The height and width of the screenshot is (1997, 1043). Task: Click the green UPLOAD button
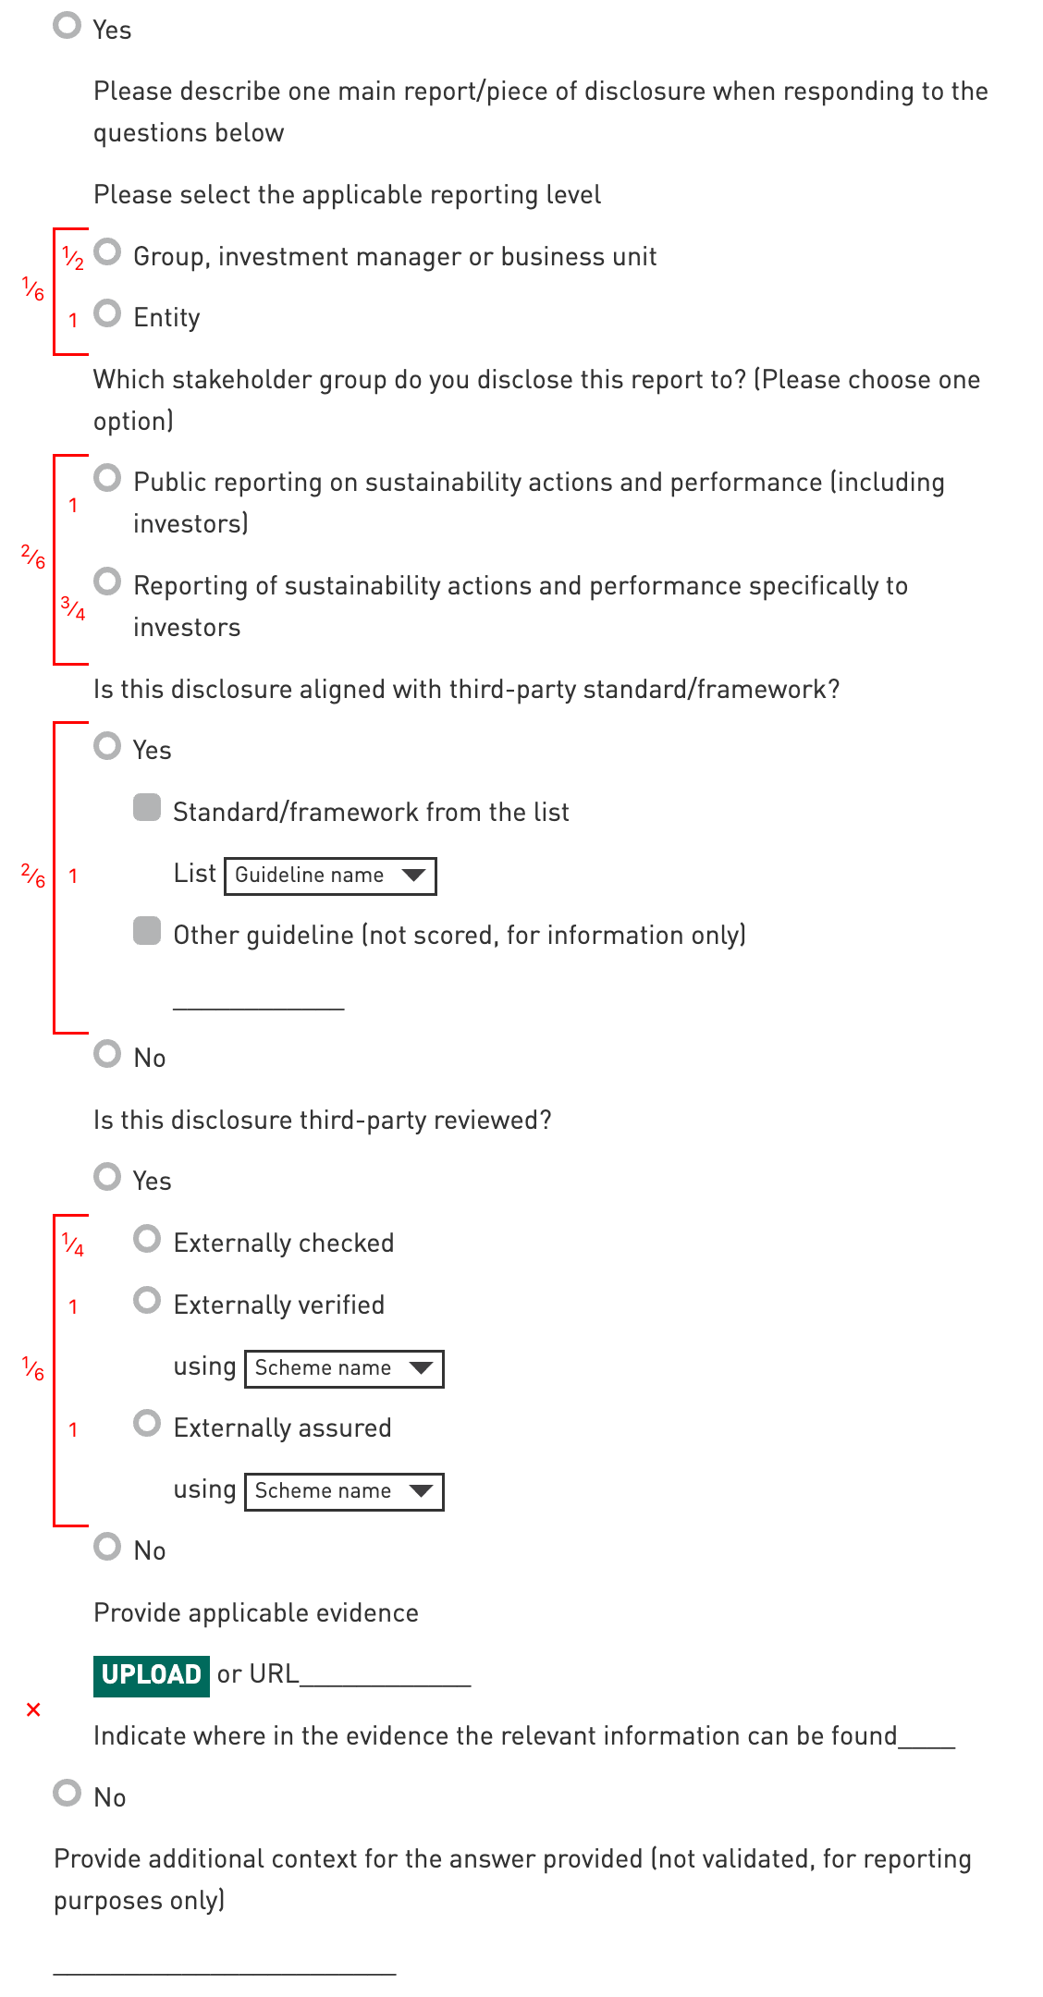[152, 1675]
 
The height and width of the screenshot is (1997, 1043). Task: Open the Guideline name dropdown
[330, 876]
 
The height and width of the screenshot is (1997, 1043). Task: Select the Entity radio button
[108, 313]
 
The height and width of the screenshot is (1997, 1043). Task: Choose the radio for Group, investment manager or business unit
[108, 251]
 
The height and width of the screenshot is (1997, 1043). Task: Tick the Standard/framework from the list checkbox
[147, 807]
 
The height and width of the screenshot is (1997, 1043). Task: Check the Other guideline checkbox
[147, 931]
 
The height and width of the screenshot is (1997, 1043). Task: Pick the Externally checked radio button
[147, 1239]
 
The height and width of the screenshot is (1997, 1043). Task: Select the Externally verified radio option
[147, 1301]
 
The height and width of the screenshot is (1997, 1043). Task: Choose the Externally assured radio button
[147, 1423]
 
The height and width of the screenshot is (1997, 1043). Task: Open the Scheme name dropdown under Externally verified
[344, 1368]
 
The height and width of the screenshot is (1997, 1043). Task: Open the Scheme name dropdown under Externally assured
[344, 1491]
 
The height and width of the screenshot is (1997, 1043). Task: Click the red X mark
[34, 1709]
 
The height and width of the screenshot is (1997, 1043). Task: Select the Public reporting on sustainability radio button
[108, 478]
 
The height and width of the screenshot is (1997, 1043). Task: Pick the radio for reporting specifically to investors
[108, 582]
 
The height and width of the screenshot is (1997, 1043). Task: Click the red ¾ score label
[73, 608]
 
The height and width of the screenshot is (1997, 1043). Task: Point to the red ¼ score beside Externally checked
[73, 1244]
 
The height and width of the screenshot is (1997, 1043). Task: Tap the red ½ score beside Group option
[73, 258]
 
